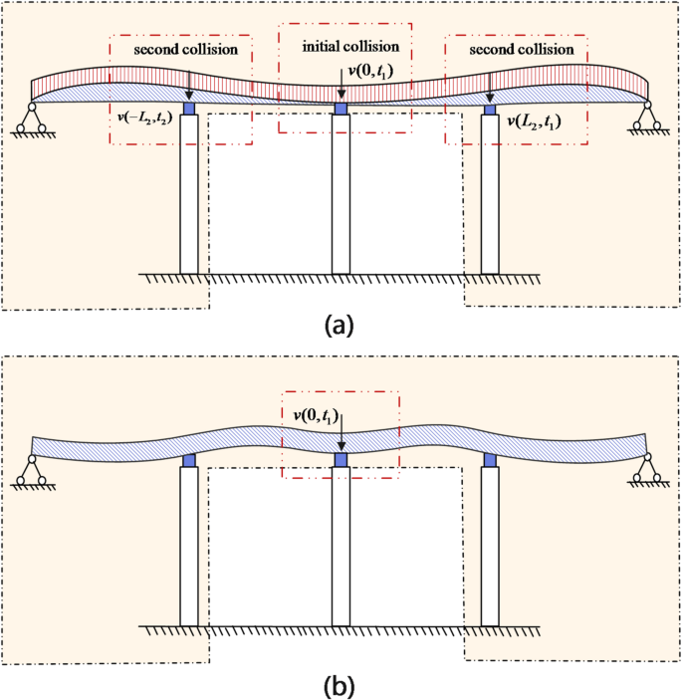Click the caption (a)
click(341, 324)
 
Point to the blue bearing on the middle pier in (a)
click(341, 108)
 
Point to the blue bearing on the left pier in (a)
click(189, 108)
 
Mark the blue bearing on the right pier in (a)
click(490, 108)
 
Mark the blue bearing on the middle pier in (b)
click(341, 460)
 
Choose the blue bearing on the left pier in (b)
click(189, 460)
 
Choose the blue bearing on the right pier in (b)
click(490, 460)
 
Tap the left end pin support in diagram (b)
click(33, 470)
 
